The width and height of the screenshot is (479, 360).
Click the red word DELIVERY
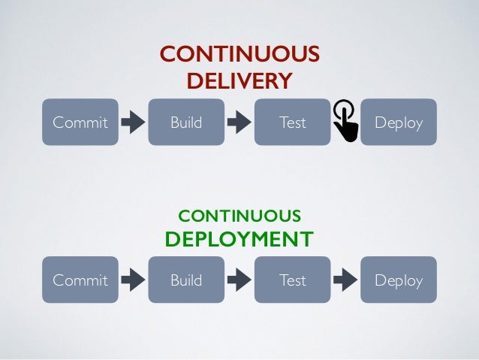pos(239,80)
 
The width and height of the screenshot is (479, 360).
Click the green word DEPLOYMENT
pos(239,239)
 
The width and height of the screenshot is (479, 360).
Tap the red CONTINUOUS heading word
pos(239,55)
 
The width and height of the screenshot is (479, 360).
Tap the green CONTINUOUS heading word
pos(239,216)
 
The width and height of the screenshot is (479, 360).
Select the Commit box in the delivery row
pos(80,122)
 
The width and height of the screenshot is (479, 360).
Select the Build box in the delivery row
pos(186,122)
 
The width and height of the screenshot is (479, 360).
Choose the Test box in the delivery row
pos(292,122)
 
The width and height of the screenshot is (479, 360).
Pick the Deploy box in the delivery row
pos(399,122)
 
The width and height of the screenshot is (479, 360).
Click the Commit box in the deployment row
pos(80,280)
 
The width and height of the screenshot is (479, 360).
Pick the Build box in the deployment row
pos(186,280)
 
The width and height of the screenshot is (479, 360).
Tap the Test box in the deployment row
pos(292,280)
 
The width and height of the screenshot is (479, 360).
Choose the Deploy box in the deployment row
pos(399,280)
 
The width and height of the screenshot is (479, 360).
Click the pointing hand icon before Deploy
pos(345,120)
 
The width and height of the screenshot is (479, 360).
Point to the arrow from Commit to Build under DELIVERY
pos(133,122)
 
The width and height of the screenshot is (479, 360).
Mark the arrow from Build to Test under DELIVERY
pos(239,122)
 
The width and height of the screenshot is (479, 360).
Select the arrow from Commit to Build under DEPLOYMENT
pos(133,280)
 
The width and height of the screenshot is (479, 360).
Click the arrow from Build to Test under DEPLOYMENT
pos(239,280)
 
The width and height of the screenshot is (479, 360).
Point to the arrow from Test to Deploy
pos(345,280)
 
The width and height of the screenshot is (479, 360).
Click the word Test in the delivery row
pos(292,122)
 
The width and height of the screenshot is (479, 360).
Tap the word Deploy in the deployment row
pos(399,280)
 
